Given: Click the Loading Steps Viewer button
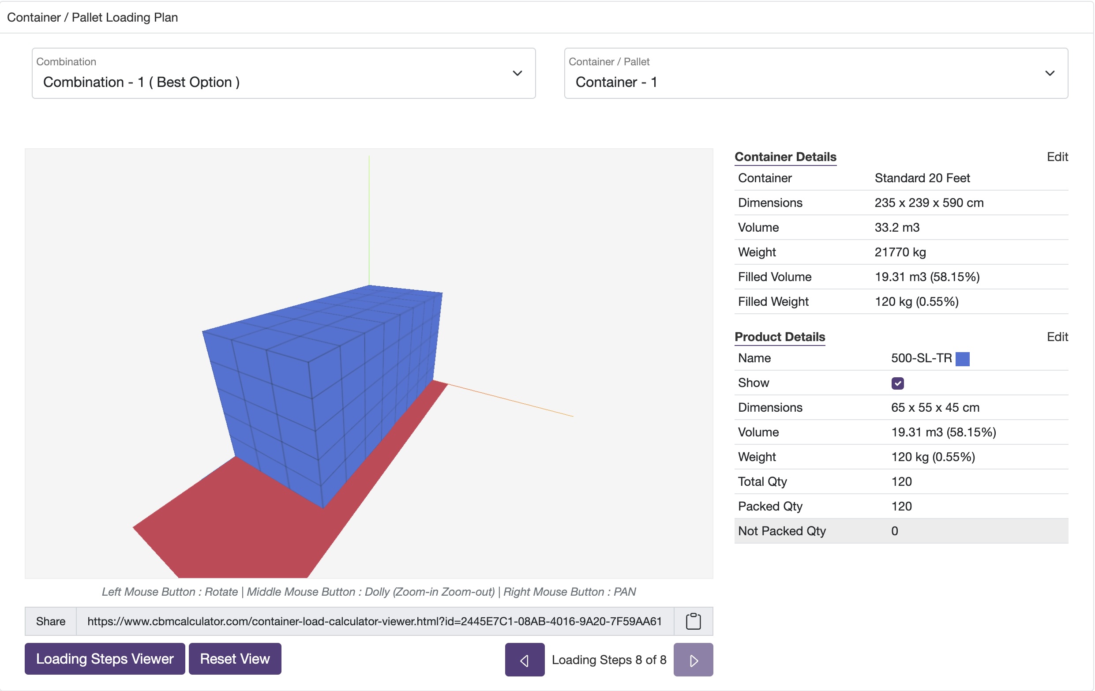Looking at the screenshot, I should tap(105, 658).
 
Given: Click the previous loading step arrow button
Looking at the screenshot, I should tap(524, 660).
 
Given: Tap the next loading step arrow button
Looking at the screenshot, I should tap(693, 660).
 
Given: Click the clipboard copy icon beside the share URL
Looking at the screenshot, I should tap(693, 621).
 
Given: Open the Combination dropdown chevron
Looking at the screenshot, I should tap(517, 73).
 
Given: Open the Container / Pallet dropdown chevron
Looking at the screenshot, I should tap(1050, 73).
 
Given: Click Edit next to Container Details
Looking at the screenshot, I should tap(1057, 157).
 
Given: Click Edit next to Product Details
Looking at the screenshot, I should tap(1057, 337).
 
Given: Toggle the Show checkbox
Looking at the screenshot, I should tap(897, 383).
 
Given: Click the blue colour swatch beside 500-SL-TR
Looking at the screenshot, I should tap(962, 359).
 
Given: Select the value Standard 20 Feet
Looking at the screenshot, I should tap(922, 178).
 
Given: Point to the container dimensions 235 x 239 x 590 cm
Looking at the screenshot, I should tap(929, 203).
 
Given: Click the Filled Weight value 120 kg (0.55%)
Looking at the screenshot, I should tap(916, 302).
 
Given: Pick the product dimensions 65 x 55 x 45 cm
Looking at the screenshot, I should tap(935, 408).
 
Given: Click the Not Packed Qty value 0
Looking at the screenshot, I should tap(894, 531).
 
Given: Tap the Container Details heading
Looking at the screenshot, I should tap(785, 157).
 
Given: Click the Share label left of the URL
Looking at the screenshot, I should tap(50, 621).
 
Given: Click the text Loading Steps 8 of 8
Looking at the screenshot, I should tap(609, 660).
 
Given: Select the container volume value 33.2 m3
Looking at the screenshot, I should tap(897, 227).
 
